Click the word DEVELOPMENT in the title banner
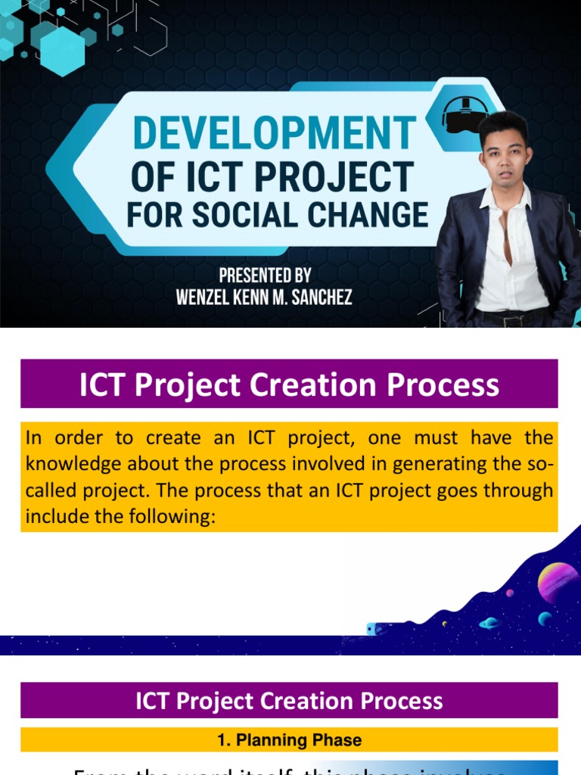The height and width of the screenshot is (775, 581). [x=274, y=134]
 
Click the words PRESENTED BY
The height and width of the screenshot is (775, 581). [x=264, y=275]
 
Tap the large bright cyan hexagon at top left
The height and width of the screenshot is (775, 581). [x=62, y=51]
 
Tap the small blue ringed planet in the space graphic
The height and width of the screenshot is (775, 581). [x=490, y=623]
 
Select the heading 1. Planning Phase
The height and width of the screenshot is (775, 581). [x=289, y=740]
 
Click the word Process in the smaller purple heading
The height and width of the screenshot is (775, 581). [x=405, y=701]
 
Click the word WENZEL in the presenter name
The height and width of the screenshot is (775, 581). [x=203, y=297]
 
